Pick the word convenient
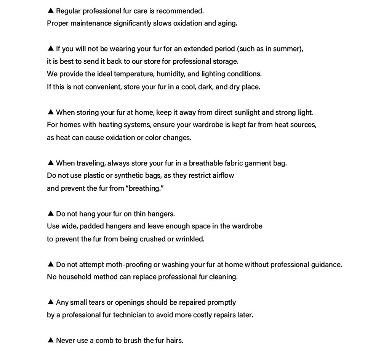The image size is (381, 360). (x=103, y=87)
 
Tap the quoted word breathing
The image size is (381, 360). (x=144, y=188)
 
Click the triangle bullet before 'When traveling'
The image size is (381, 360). (x=51, y=163)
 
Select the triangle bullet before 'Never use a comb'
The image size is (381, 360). (x=51, y=340)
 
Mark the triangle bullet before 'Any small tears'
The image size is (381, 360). (x=51, y=302)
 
